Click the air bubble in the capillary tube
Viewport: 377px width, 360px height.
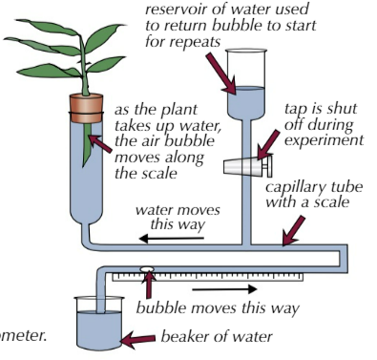[147, 269]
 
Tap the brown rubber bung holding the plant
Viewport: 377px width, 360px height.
[86, 109]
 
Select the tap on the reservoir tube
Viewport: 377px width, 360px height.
[248, 166]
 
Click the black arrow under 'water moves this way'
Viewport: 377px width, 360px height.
[172, 238]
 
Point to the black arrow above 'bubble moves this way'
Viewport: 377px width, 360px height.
[224, 289]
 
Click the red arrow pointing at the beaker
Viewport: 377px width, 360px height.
[138, 339]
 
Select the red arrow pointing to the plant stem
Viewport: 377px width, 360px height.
[100, 143]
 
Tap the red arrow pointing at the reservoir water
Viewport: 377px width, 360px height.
[221, 74]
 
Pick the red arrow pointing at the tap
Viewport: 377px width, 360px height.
[268, 145]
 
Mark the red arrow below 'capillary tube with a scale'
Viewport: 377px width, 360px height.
[293, 231]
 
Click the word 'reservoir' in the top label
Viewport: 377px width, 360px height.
[176, 9]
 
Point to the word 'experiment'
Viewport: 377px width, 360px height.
[324, 140]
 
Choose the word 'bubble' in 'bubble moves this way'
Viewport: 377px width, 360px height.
[160, 307]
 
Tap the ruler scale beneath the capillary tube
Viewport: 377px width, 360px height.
[208, 277]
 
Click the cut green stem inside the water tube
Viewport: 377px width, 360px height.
[87, 144]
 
